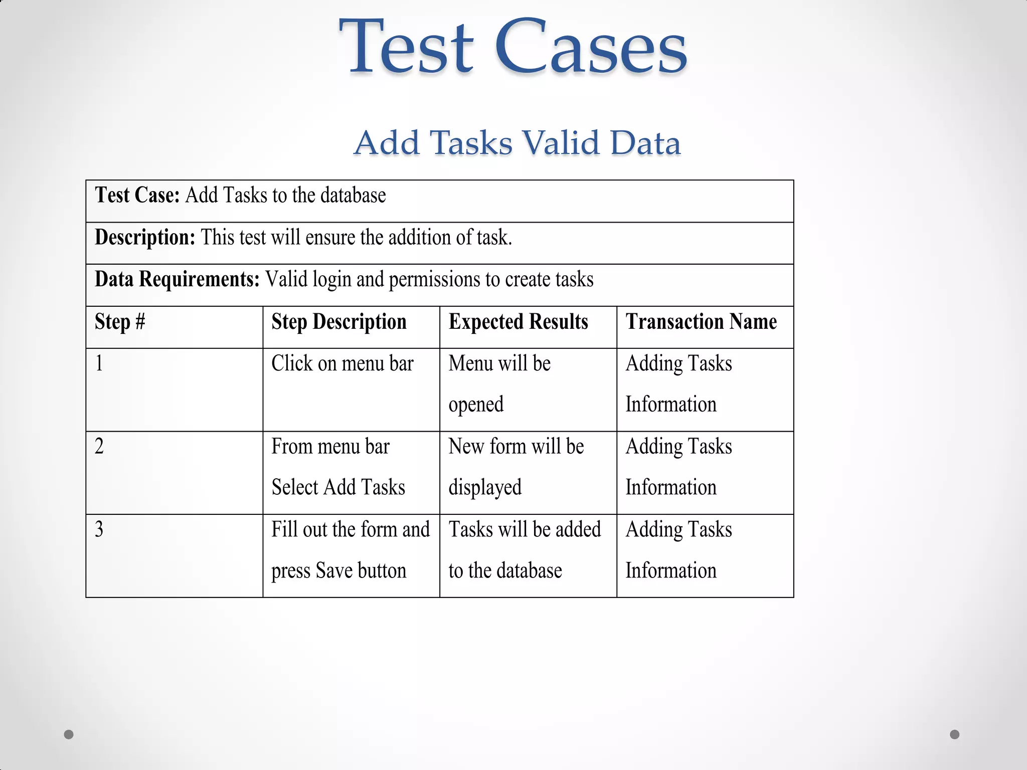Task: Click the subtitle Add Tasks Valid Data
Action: (517, 142)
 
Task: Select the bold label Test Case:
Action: (137, 195)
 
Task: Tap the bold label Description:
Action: (145, 237)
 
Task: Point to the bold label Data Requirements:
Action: (177, 279)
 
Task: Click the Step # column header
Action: (120, 322)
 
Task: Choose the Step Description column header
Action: (339, 322)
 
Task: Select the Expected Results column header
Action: (518, 322)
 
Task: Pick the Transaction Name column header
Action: (701, 322)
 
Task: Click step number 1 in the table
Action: (99, 363)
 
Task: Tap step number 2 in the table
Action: (99, 446)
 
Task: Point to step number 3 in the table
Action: (99, 529)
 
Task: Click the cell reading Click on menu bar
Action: (343, 363)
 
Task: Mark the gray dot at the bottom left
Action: (69, 734)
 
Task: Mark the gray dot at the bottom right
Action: (955, 734)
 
